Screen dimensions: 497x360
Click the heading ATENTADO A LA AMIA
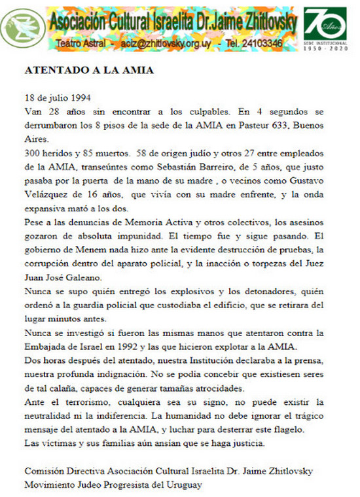click(x=90, y=71)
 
